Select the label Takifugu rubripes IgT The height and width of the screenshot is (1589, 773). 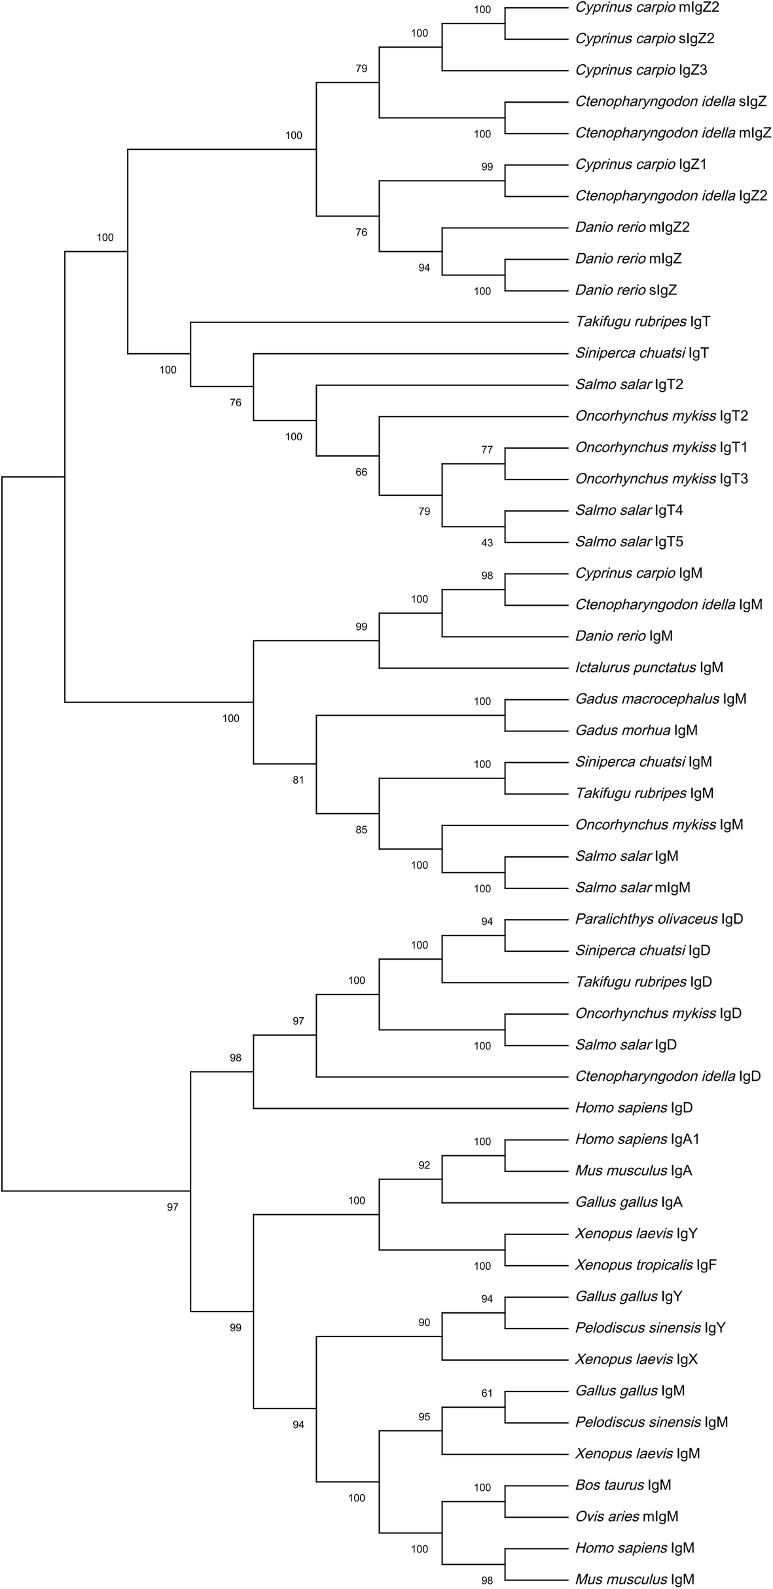point(642,322)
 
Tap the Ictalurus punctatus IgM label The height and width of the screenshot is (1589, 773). point(649,668)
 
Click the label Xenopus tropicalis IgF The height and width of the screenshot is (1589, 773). point(645,1265)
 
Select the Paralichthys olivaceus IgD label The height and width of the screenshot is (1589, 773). point(658,919)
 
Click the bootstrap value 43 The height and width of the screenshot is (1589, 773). point(487,543)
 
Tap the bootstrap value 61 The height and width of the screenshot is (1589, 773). point(487,1393)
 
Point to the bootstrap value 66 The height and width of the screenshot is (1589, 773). point(361,472)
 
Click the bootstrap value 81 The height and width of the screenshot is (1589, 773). point(298,780)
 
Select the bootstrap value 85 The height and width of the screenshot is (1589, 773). point(361,830)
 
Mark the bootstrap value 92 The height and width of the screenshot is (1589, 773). point(424,1165)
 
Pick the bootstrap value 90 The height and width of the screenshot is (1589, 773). point(424,1323)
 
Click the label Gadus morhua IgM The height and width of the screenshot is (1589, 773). point(636,731)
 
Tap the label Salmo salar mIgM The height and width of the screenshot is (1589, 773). point(632,888)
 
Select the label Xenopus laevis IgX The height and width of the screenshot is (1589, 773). point(636,1359)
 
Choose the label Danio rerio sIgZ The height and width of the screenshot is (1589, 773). point(626,290)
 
